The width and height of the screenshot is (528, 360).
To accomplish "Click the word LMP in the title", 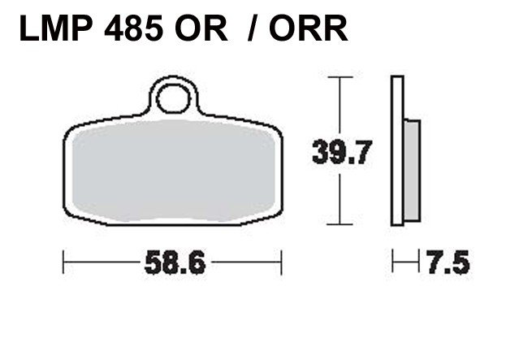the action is pos(56,28).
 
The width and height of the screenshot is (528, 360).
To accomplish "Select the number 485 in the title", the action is pos(134,28).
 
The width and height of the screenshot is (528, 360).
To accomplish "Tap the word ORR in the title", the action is pos(308,28).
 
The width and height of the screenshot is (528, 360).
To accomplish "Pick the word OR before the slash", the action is pos(201,28).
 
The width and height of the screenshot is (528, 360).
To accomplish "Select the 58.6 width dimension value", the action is pos(175,262).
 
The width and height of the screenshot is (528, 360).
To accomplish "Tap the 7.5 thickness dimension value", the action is pos(448,262).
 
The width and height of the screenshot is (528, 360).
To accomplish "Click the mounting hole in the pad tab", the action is pos(173,98).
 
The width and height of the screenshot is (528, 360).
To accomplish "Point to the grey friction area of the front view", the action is pos(173,171).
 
